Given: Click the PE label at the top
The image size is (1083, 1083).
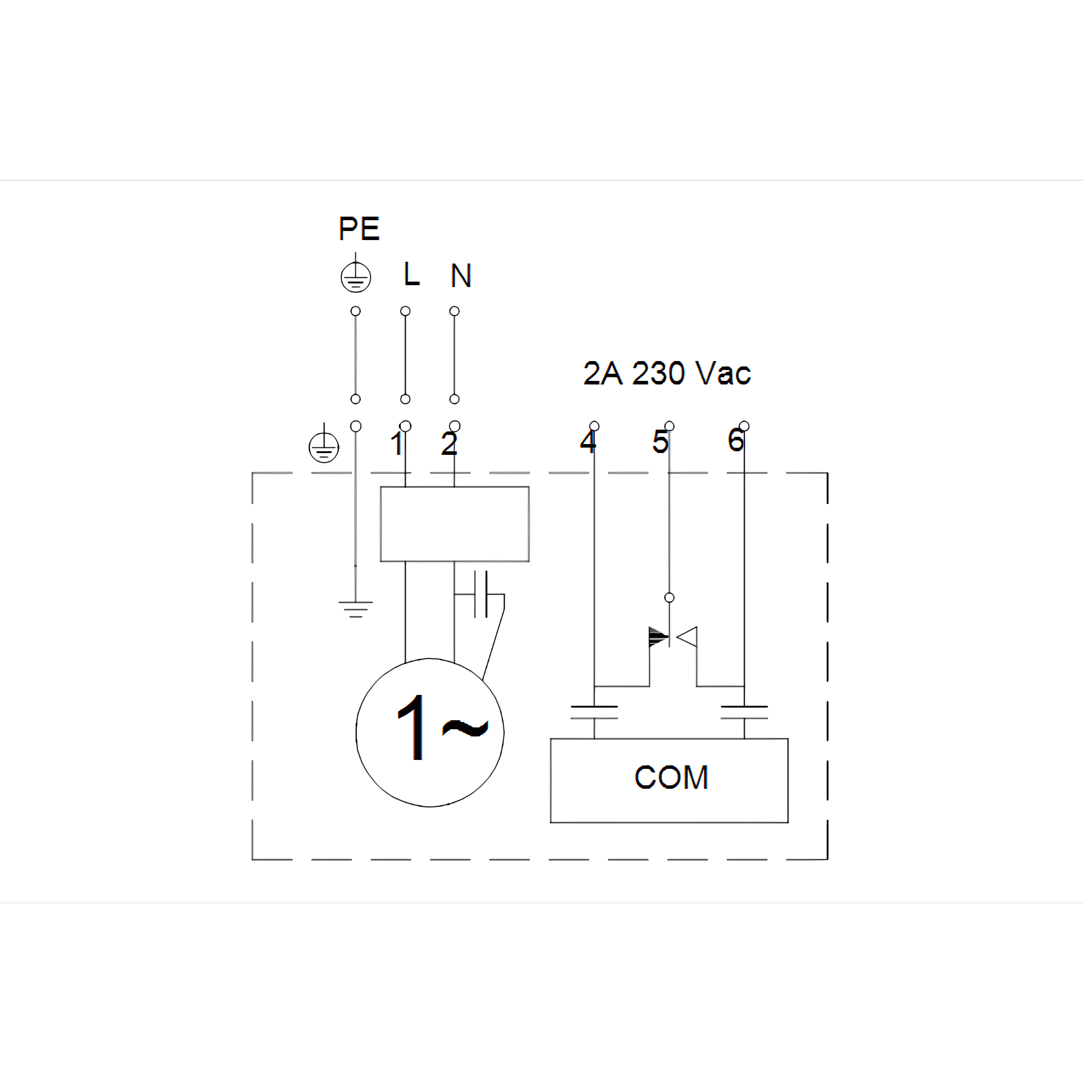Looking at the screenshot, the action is tap(359, 229).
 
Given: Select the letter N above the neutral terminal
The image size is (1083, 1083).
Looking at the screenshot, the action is tap(461, 275).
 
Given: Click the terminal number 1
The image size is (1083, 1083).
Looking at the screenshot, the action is tap(397, 444).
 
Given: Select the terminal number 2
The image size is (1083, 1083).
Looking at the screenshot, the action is tap(449, 444).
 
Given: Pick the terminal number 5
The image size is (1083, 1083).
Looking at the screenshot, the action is tap(660, 441).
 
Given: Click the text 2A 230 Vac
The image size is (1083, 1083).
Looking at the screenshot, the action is tap(666, 373).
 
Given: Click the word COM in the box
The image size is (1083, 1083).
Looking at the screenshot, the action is tap(671, 777).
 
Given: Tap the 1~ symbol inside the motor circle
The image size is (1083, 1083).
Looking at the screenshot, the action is tap(442, 727).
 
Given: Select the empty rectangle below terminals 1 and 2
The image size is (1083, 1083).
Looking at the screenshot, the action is tap(454, 523).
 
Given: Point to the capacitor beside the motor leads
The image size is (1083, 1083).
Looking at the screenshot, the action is tap(481, 594).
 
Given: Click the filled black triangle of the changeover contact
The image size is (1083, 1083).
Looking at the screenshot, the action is tap(658, 637).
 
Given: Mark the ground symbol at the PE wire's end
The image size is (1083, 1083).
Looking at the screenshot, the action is tap(356, 609).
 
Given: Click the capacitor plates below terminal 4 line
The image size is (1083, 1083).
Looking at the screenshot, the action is tap(594, 712).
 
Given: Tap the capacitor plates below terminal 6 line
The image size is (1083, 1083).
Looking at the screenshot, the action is tap(745, 712).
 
